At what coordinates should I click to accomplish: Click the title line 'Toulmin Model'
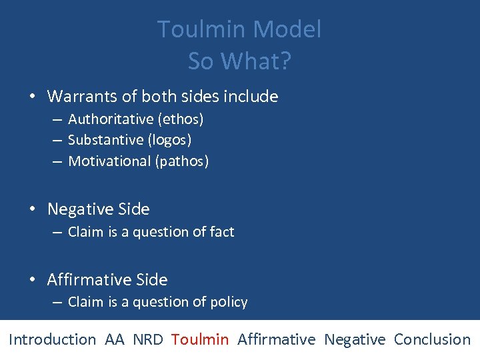[x=239, y=29]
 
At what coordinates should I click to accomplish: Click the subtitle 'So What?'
[x=239, y=61]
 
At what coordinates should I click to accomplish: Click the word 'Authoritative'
[x=111, y=119]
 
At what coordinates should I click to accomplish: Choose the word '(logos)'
[x=169, y=140]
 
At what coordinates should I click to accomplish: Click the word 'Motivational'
[x=109, y=161]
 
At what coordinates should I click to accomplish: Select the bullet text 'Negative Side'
[x=99, y=209]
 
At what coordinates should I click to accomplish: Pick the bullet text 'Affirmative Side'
[x=107, y=280]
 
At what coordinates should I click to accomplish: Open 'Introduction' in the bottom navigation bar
[x=52, y=339]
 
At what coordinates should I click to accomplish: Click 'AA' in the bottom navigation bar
[x=114, y=339]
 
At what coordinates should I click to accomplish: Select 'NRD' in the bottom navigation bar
[x=147, y=339]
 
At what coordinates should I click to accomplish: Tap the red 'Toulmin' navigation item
[x=199, y=339]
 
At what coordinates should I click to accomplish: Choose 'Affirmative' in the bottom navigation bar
[x=276, y=339]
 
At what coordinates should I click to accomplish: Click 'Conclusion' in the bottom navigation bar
[x=432, y=339]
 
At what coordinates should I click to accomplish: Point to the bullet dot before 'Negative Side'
[x=33, y=210]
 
